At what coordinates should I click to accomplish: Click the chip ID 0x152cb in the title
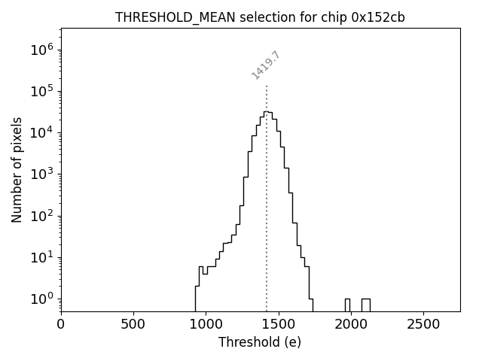click(378, 17)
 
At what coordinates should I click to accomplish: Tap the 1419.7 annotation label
click(266, 65)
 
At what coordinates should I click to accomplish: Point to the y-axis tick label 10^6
click(42, 50)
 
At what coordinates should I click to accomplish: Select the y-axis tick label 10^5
click(42, 91)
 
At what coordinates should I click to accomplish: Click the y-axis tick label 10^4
click(42, 132)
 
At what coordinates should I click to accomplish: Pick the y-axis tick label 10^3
click(42, 174)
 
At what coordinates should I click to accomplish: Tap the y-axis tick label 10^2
click(42, 216)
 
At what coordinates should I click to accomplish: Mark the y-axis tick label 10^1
click(42, 257)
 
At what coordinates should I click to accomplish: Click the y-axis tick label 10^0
click(42, 299)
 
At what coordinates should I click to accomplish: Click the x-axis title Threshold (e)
click(260, 342)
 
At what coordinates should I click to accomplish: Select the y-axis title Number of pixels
click(17, 170)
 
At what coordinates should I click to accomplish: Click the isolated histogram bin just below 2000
click(347, 304)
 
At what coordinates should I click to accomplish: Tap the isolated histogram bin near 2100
click(365, 304)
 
